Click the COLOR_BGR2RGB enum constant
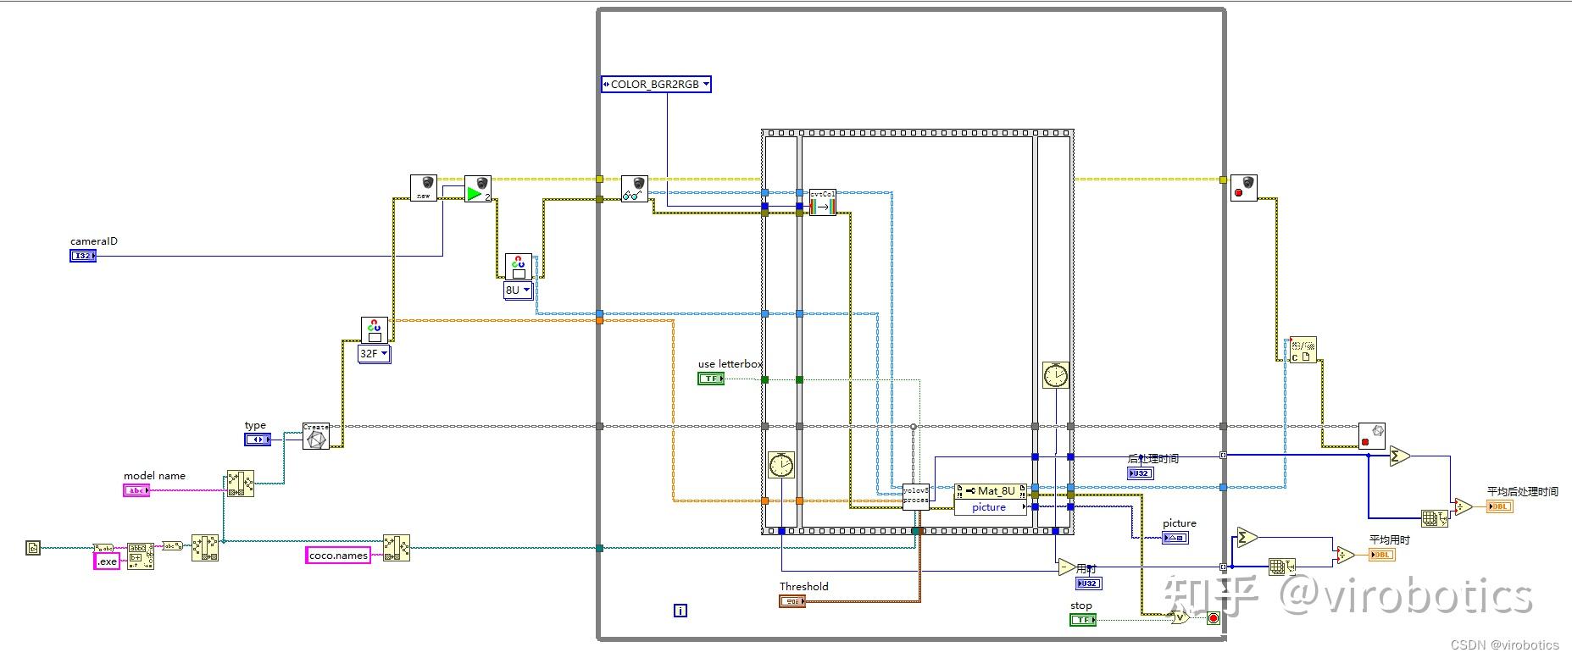pyautogui.click(x=655, y=84)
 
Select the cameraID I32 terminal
pyautogui.click(x=82, y=256)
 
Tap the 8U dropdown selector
pyautogui.click(x=518, y=290)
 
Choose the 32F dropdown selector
pyautogui.click(x=374, y=354)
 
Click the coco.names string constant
pyautogui.click(x=338, y=556)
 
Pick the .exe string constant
pyautogui.click(x=107, y=561)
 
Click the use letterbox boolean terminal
pyautogui.click(x=710, y=379)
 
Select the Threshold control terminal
pyautogui.click(x=792, y=601)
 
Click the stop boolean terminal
pyautogui.click(x=1082, y=620)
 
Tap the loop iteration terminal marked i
pyautogui.click(x=680, y=611)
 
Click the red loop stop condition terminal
pyautogui.click(x=1213, y=618)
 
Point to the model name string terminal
pyautogui.click(x=136, y=490)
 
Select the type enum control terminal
pyautogui.click(x=258, y=440)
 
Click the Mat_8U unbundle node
pyautogui.click(x=990, y=491)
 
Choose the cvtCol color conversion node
pyautogui.click(x=822, y=202)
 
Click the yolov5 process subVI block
pyautogui.click(x=915, y=495)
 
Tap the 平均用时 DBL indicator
pyautogui.click(x=1381, y=555)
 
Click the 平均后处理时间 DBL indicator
pyautogui.click(x=1499, y=506)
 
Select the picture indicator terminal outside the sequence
pyautogui.click(x=1175, y=538)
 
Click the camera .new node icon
pyautogui.click(x=423, y=188)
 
